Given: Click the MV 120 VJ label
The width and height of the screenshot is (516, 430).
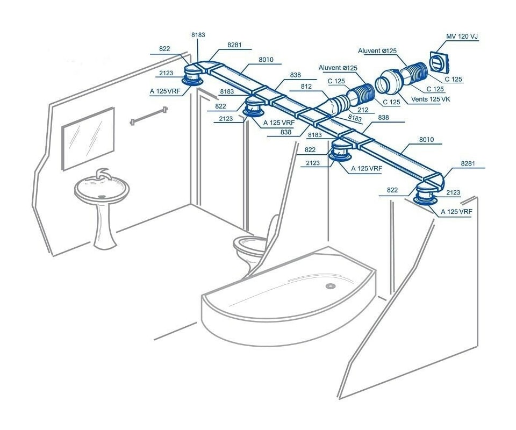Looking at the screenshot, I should [462, 37].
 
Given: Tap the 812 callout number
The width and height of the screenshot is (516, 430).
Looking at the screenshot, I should [306, 86].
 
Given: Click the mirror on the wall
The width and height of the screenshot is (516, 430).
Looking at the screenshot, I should [88, 137].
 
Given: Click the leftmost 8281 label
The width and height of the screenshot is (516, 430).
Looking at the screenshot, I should [234, 46].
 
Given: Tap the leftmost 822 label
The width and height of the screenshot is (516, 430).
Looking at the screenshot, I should [164, 49].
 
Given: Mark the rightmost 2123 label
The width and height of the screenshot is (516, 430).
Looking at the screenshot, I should [453, 192].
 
